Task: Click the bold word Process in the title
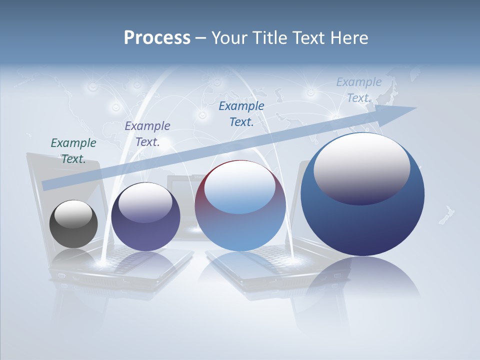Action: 157,38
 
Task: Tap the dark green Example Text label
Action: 73,150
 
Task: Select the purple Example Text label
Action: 147,133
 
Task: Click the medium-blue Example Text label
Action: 241,113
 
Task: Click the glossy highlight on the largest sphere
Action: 361,167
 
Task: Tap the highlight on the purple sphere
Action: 145,202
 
